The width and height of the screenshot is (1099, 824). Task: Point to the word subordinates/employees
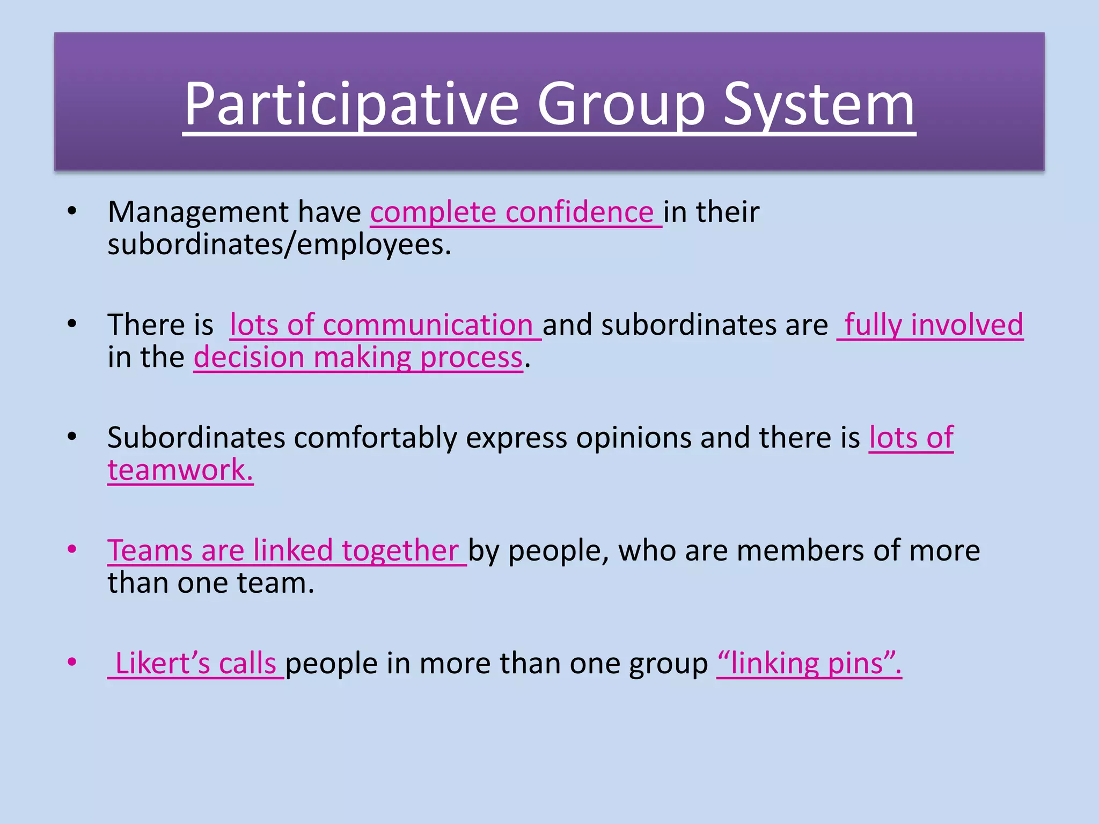pyautogui.click(x=279, y=245)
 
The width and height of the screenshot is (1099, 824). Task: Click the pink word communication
pyautogui.click(x=428, y=325)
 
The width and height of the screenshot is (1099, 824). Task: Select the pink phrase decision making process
pyautogui.click(x=358, y=357)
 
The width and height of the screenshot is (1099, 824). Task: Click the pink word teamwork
pyautogui.click(x=180, y=470)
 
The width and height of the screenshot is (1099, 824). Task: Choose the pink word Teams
pyautogui.click(x=150, y=550)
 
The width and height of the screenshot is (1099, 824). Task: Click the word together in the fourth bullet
pyautogui.click(x=400, y=550)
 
